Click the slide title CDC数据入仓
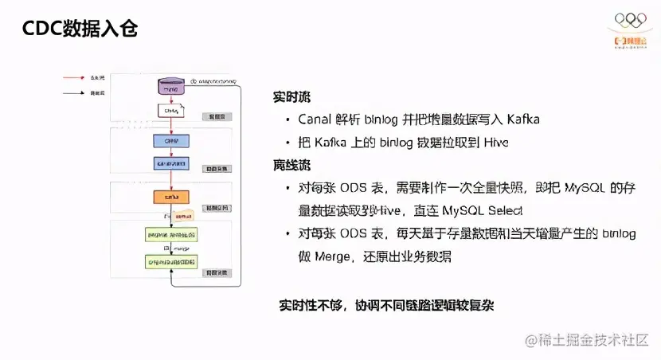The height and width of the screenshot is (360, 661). pos(80,29)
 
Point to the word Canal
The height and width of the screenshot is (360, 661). pos(317,119)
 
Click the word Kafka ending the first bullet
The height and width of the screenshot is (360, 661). pos(521,119)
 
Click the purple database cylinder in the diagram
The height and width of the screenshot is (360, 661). pos(171,84)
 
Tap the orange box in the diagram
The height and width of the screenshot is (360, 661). pos(170,196)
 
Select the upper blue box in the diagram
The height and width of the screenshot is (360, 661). pos(170,140)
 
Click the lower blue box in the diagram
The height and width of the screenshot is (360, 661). pos(170,163)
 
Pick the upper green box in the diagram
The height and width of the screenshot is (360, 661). pos(171,235)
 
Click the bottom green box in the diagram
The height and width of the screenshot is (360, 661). pos(171,261)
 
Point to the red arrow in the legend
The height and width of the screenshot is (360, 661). pos(75,78)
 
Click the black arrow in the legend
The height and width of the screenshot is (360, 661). pos(75,93)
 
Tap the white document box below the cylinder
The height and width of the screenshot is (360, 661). pos(170,111)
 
